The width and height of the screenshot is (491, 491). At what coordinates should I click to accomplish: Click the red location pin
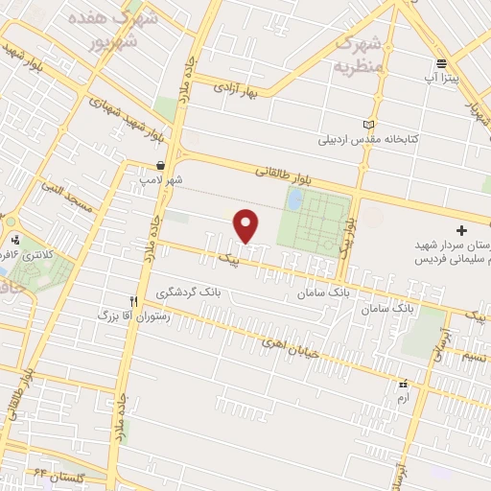[x=247, y=225]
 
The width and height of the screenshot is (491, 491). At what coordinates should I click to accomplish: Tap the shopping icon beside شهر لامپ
[x=173, y=165]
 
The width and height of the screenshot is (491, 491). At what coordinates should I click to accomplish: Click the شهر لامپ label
[x=162, y=179]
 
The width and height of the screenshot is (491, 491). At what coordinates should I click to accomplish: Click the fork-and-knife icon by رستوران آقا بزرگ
[x=146, y=300]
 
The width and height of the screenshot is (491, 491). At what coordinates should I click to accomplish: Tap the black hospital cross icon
[x=461, y=231]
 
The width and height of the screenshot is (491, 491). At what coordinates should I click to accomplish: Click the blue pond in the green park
[x=294, y=199]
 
